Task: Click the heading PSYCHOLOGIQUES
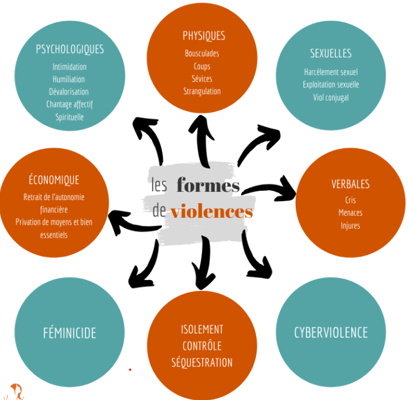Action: click(70, 49)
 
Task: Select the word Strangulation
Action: click(202, 91)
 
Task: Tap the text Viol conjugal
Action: click(331, 97)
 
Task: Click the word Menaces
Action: click(350, 213)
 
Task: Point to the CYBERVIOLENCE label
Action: click(331, 332)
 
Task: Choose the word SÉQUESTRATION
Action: click(202, 363)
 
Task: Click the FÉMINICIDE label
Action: click(70, 333)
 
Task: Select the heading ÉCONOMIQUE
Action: click(53, 180)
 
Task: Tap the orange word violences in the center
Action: click(211, 211)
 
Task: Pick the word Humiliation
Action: click(69, 79)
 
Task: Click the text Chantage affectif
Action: click(70, 105)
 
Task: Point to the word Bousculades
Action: click(202, 53)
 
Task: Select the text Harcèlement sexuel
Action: click(331, 72)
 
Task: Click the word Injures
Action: click(350, 225)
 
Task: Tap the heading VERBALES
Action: click(350, 184)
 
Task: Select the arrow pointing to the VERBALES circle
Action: click(270, 187)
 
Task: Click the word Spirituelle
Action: click(70, 117)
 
